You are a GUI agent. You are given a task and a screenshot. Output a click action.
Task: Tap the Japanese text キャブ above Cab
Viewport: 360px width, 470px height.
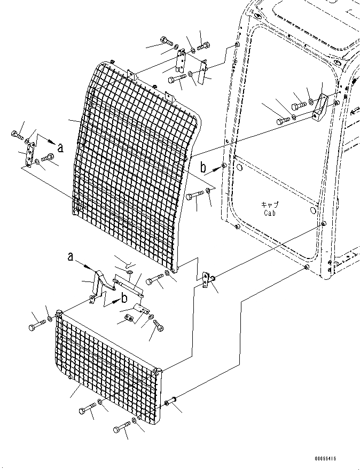[x=270, y=205]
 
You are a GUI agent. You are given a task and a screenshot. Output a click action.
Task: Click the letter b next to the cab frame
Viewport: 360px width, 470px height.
[x=203, y=167]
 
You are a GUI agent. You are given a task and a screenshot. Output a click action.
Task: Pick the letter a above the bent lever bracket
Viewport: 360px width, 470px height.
[x=71, y=257]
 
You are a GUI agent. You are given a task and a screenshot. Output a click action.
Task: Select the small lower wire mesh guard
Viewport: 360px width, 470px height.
[x=107, y=363]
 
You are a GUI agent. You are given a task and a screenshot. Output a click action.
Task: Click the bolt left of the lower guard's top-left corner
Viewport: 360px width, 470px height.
[x=37, y=323]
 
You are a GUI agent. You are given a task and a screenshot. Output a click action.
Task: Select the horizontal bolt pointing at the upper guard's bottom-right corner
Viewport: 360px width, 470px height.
[x=154, y=278]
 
